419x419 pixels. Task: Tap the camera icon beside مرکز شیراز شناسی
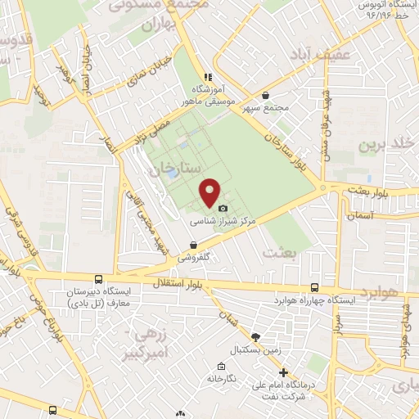point(222,209)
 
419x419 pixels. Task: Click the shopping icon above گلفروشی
point(193,245)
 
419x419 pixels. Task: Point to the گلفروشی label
point(194,256)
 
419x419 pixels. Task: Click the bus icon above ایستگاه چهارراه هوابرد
point(315,287)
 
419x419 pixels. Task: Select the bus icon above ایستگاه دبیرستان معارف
point(98,280)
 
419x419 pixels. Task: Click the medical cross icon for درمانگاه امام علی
point(284,373)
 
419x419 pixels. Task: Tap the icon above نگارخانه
point(220,366)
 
